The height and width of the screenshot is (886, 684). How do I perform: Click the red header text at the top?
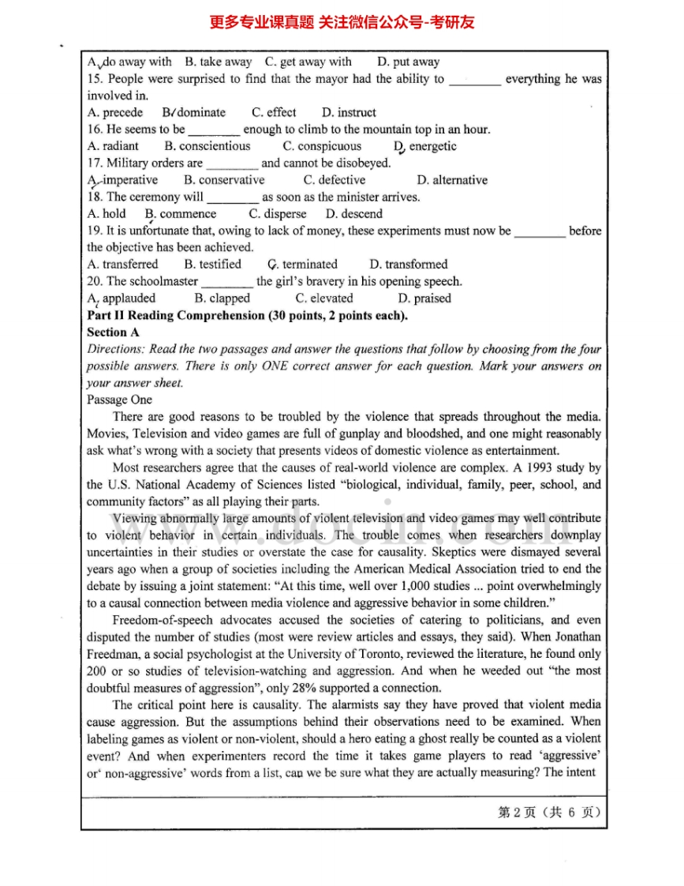pos(342,22)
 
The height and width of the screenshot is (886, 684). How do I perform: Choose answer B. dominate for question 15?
pos(194,112)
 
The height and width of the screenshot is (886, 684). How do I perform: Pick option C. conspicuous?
pos(322,146)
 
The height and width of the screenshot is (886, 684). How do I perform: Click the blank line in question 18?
pos(232,197)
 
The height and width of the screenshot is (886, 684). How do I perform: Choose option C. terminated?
pos(302,265)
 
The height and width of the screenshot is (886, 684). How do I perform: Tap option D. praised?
pos(424,298)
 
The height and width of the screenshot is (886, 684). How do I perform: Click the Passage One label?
pos(119,400)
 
